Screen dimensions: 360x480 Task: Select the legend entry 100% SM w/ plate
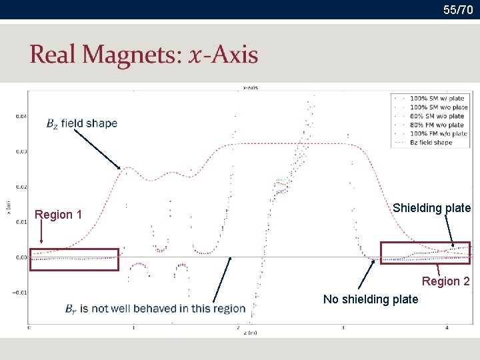tap(437, 99)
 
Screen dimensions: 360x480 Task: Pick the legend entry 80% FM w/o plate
tap(437, 125)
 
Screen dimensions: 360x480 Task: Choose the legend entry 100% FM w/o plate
tap(438, 133)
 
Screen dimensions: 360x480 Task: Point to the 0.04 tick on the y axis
tap(21, 116)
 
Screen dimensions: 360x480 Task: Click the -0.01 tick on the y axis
tap(19, 292)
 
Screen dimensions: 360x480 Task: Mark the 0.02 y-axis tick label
tap(21, 187)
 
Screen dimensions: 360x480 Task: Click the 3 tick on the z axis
tap(343, 328)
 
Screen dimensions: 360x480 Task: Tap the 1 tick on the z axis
tap(133, 328)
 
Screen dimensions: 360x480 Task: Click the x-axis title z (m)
tap(250, 333)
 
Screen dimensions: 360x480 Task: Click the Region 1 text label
tap(58, 215)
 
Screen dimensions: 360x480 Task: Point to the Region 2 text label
tap(445, 281)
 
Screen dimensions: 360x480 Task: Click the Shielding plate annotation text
tap(431, 208)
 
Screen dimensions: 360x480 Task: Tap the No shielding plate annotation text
tap(371, 299)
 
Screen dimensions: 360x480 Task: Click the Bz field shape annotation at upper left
tap(81, 123)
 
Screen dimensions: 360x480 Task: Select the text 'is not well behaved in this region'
tap(163, 309)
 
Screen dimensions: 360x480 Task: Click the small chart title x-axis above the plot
tap(251, 87)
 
